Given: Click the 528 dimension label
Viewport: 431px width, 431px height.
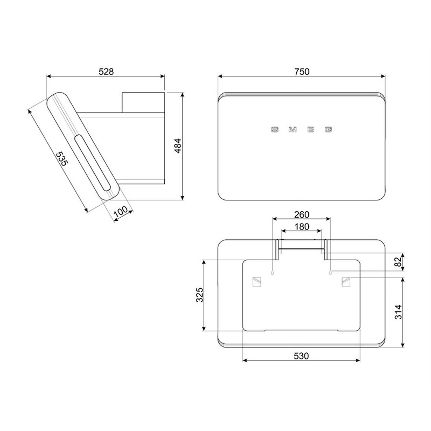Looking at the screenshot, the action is point(106,72).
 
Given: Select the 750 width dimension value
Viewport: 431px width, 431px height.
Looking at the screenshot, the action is point(302,72).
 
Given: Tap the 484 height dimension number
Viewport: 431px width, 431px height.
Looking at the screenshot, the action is point(178,146).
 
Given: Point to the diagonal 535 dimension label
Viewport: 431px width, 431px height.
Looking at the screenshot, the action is point(62,159).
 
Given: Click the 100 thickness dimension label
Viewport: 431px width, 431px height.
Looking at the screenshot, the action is point(121,211).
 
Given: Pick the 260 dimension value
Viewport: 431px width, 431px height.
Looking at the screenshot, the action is point(302,214).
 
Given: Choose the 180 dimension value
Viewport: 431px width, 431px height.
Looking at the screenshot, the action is point(302,227).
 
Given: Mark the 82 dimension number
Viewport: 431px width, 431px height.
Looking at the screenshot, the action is point(398,262).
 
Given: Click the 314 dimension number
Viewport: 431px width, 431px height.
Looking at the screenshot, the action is point(398,312).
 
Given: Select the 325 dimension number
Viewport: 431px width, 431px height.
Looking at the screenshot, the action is point(199,295).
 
